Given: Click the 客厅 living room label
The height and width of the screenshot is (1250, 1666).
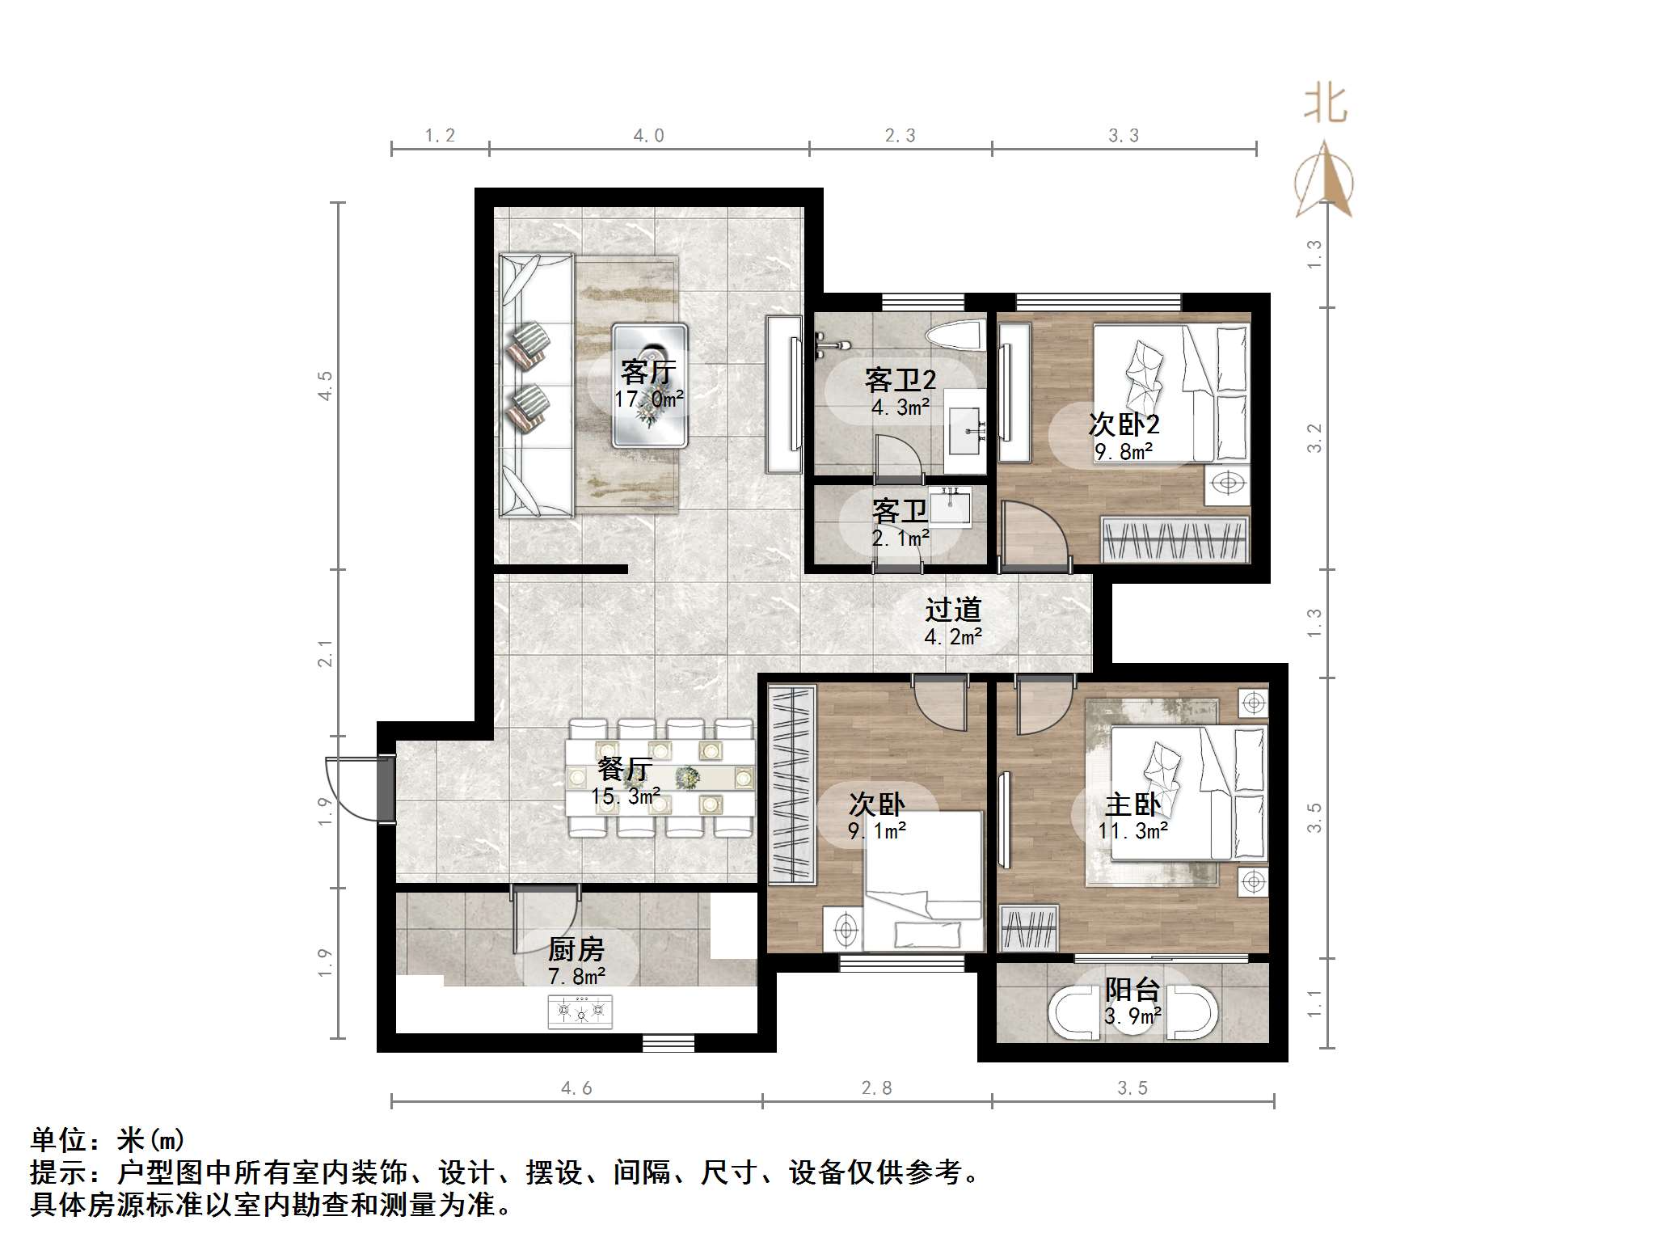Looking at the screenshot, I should point(647,373).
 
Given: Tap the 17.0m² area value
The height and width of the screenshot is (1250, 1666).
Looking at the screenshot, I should point(648,399).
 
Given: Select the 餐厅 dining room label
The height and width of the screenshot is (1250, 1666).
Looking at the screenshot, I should point(625,769).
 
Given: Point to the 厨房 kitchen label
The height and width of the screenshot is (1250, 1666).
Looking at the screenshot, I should point(576,949).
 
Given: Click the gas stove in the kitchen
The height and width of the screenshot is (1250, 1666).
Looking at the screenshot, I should point(580,1011).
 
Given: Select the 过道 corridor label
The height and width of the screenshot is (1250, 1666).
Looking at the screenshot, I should point(953,610).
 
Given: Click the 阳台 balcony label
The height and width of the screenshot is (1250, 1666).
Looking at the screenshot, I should point(1132,990).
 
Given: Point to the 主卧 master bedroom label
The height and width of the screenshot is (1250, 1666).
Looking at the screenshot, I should point(1132,805).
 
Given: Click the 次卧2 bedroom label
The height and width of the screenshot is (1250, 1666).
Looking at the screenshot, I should point(1124,424).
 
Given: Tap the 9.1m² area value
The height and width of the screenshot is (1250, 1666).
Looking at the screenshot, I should point(876,830).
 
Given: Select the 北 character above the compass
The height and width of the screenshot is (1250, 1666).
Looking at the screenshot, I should point(1324,105).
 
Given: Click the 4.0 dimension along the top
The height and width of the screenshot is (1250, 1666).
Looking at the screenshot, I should point(648,136).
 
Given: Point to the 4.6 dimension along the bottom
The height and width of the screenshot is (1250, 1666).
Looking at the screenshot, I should point(576,1088).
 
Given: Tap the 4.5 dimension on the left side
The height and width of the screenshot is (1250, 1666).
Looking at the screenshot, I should point(325,386).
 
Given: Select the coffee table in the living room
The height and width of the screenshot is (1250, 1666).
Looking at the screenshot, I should point(650,386).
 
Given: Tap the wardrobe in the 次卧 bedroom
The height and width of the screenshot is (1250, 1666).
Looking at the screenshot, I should point(791,783).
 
